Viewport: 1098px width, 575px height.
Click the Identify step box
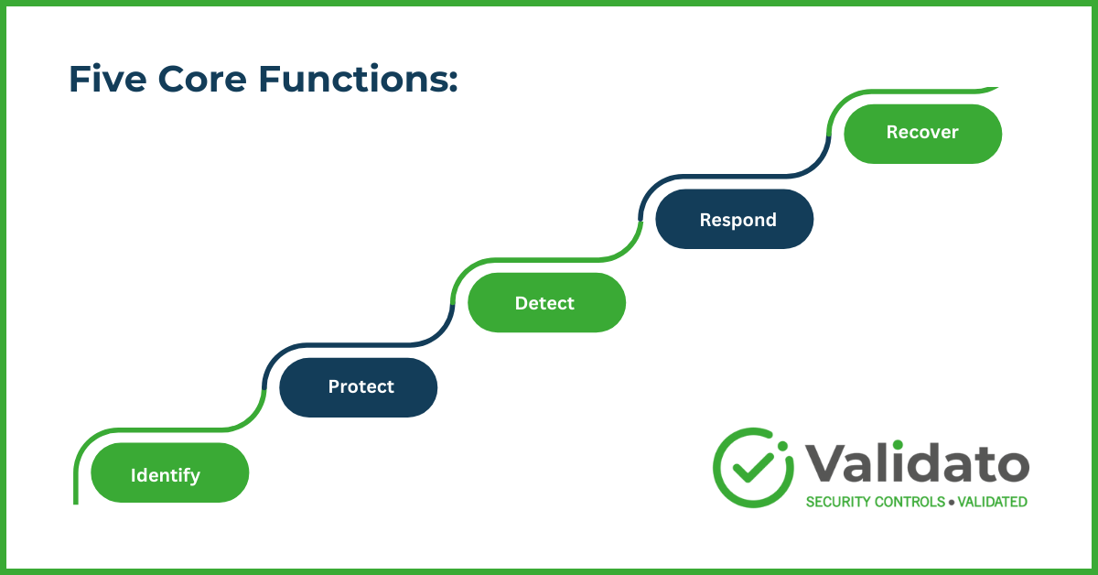[x=170, y=473]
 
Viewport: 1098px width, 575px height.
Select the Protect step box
[x=359, y=387]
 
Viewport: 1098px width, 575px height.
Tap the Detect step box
[x=546, y=303]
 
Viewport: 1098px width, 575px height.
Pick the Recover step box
[x=922, y=134]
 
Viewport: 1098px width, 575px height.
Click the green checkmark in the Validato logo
[x=753, y=467]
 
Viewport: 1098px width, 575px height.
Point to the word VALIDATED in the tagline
[x=992, y=502]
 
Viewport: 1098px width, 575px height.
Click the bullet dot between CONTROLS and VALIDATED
[x=952, y=502]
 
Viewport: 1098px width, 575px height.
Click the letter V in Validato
[x=822, y=463]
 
